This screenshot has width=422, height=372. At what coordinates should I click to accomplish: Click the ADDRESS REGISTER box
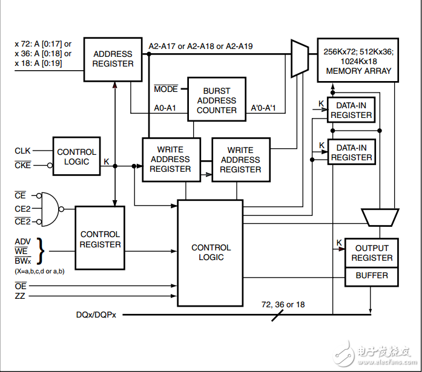[113, 59]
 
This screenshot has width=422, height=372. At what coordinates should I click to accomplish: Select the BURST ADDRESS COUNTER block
[216, 100]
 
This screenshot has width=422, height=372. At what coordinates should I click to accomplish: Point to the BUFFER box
[372, 276]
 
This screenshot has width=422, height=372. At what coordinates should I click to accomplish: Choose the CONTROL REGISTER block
[100, 240]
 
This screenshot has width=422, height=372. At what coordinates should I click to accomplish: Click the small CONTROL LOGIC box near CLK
[76, 157]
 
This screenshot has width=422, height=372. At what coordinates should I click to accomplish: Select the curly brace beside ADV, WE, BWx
[41, 251]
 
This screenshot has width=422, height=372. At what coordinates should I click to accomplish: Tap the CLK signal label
[22, 150]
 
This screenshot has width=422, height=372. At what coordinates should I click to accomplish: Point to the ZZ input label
[20, 296]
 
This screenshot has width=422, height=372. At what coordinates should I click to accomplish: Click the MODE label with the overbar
[166, 90]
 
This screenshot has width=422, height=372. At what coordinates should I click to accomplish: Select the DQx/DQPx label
[96, 315]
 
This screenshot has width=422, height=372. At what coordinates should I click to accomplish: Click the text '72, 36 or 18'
[283, 305]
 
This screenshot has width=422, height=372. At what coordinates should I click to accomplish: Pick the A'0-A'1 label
[263, 108]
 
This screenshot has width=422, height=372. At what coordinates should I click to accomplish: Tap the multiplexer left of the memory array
[300, 59]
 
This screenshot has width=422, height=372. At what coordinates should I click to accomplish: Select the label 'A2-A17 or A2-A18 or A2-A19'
[200, 46]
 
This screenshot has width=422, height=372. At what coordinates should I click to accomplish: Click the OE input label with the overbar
[21, 286]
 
